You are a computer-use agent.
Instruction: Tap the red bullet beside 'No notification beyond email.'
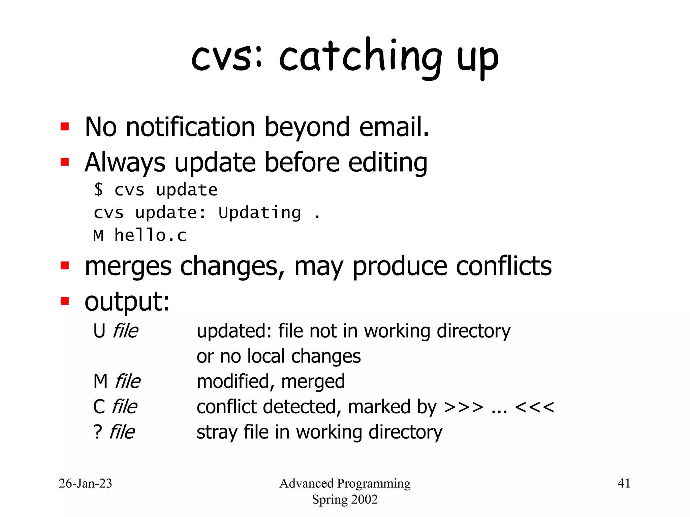[x=65, y=127]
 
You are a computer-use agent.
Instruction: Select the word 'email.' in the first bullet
[x=394, y=127]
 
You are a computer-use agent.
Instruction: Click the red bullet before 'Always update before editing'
[x=65, y=162]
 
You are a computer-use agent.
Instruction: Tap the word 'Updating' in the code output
[x=260, y=213]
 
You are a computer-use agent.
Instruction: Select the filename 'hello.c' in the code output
[x=150, y=235]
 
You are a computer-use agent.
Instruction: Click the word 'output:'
[x=127, y=302]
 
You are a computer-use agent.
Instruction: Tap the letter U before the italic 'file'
[x=99, y=331]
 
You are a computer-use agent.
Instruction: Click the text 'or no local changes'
[x=279, y=356]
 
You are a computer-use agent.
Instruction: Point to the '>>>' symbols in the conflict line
[x=464, y=407]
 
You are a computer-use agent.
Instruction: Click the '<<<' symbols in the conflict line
[x=534, y=407]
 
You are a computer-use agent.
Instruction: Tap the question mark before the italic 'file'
[x=97, y=432]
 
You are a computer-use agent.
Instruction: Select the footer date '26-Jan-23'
[x=85, y=483]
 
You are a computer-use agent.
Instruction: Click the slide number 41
[x=624, y=483]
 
